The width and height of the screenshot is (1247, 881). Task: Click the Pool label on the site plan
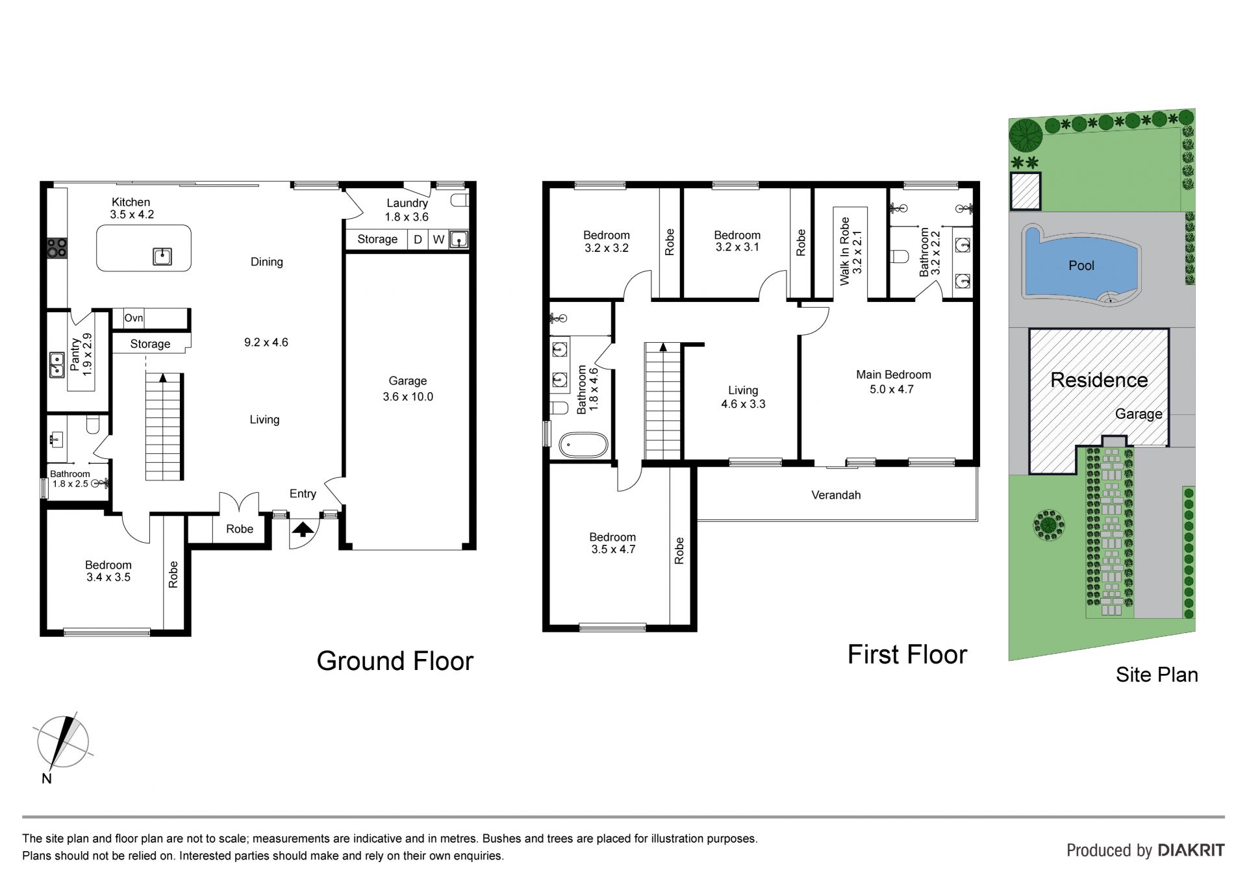coord(1081,266)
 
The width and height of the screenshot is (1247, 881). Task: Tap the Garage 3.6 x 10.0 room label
coord(408,389)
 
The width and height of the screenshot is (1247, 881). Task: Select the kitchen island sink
coord(162,256)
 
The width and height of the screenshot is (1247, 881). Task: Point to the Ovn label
coord(134,318)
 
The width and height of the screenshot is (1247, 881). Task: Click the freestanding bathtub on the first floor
coord(585,446)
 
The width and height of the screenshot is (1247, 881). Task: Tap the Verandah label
coord(836,495)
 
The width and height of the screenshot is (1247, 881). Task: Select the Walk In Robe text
coord(844,251)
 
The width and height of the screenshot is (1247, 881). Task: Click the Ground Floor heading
coord(395,661)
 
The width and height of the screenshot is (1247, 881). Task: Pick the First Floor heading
coord(907,654)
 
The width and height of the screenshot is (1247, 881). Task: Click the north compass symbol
coord(62,745)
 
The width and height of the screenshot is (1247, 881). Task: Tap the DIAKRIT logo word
coord(1191,850)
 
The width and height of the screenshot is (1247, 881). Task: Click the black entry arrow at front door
coord(302,529)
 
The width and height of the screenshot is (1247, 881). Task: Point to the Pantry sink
coord(57,365)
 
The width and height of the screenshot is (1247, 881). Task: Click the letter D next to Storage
coord(418,240)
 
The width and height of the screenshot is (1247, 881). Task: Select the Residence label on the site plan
coord(1099,380)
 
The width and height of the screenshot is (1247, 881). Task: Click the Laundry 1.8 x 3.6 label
coord(407,210)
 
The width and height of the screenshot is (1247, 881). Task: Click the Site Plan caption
coord(1157,675)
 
